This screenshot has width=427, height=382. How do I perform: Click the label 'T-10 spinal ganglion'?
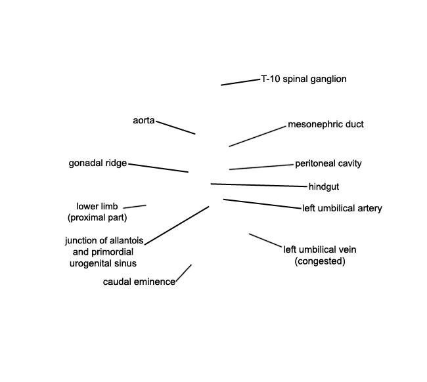point(303,79)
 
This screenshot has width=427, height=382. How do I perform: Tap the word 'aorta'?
point(143,120)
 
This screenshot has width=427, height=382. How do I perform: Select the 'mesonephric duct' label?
point(326,124)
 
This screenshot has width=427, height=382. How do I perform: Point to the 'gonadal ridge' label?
point(97,163)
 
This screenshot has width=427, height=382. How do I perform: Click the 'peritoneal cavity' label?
point(328,163)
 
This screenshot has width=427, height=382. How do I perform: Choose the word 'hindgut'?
point(324,187)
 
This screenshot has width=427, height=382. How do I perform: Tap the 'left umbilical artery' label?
point(342,209)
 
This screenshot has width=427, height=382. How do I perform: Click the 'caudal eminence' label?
point(139,282)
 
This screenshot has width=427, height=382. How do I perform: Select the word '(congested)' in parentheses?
point(320,261)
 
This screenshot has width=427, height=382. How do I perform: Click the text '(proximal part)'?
point(97,217)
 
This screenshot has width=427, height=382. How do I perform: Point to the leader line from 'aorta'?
point(175,127)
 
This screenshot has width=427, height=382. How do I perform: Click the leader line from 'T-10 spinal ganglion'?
point(240,82)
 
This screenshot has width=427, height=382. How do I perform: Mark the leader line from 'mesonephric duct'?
point(258,137)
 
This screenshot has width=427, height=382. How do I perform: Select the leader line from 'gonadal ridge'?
point(158,168)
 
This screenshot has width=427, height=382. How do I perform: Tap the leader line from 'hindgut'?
point(259,185)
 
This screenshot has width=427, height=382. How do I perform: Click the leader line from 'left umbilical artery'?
point(263,204)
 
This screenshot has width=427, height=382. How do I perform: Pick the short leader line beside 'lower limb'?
point(135,207)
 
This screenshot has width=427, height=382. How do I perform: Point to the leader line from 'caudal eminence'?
point(184,273)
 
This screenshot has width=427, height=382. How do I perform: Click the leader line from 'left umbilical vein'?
point(265,240)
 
